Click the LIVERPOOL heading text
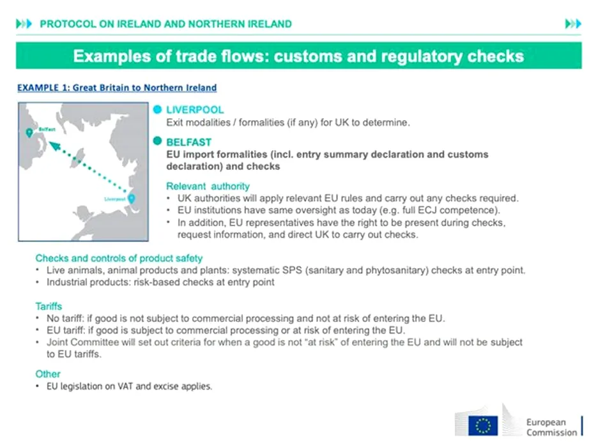coord(195,110)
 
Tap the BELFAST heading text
coord(188,142)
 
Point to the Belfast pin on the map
coord(29,133)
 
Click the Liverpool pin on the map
coord(131,199)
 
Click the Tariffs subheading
coord(49,307)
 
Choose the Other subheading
coord(48,374)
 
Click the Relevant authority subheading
coord(208,186)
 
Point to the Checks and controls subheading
coord(119,259)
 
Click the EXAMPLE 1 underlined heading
coord(117,88)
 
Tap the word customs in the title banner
coord(307,56)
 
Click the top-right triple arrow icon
coord(573,24)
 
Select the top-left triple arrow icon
coord(23,24)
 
